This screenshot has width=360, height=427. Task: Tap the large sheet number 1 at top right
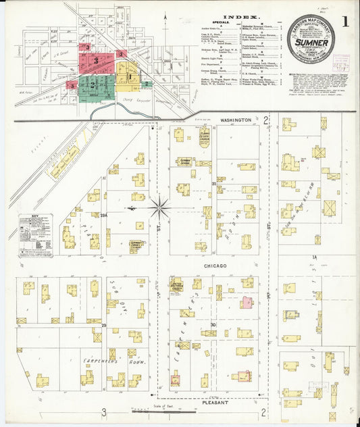click(x=344, y=21)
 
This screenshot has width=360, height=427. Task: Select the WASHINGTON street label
click(x=235, y=120)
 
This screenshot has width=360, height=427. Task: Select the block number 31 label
click(x=213, y=184)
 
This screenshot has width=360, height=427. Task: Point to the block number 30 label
click(x=213, y=324)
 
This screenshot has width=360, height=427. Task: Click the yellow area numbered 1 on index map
click(x=128, y=76)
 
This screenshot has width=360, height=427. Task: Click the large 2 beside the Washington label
click(x=266, y=120)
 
